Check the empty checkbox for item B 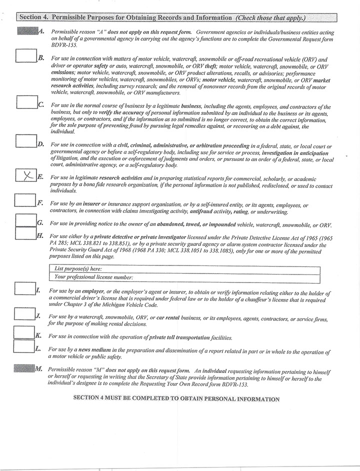(x=26, y=55)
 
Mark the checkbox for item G (x=25, y=220)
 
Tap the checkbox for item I (x=25, y=288)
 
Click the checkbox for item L (x=24, y=346)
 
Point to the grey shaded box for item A (x=27, y=31)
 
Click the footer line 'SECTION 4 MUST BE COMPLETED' (x=176, y=399)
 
